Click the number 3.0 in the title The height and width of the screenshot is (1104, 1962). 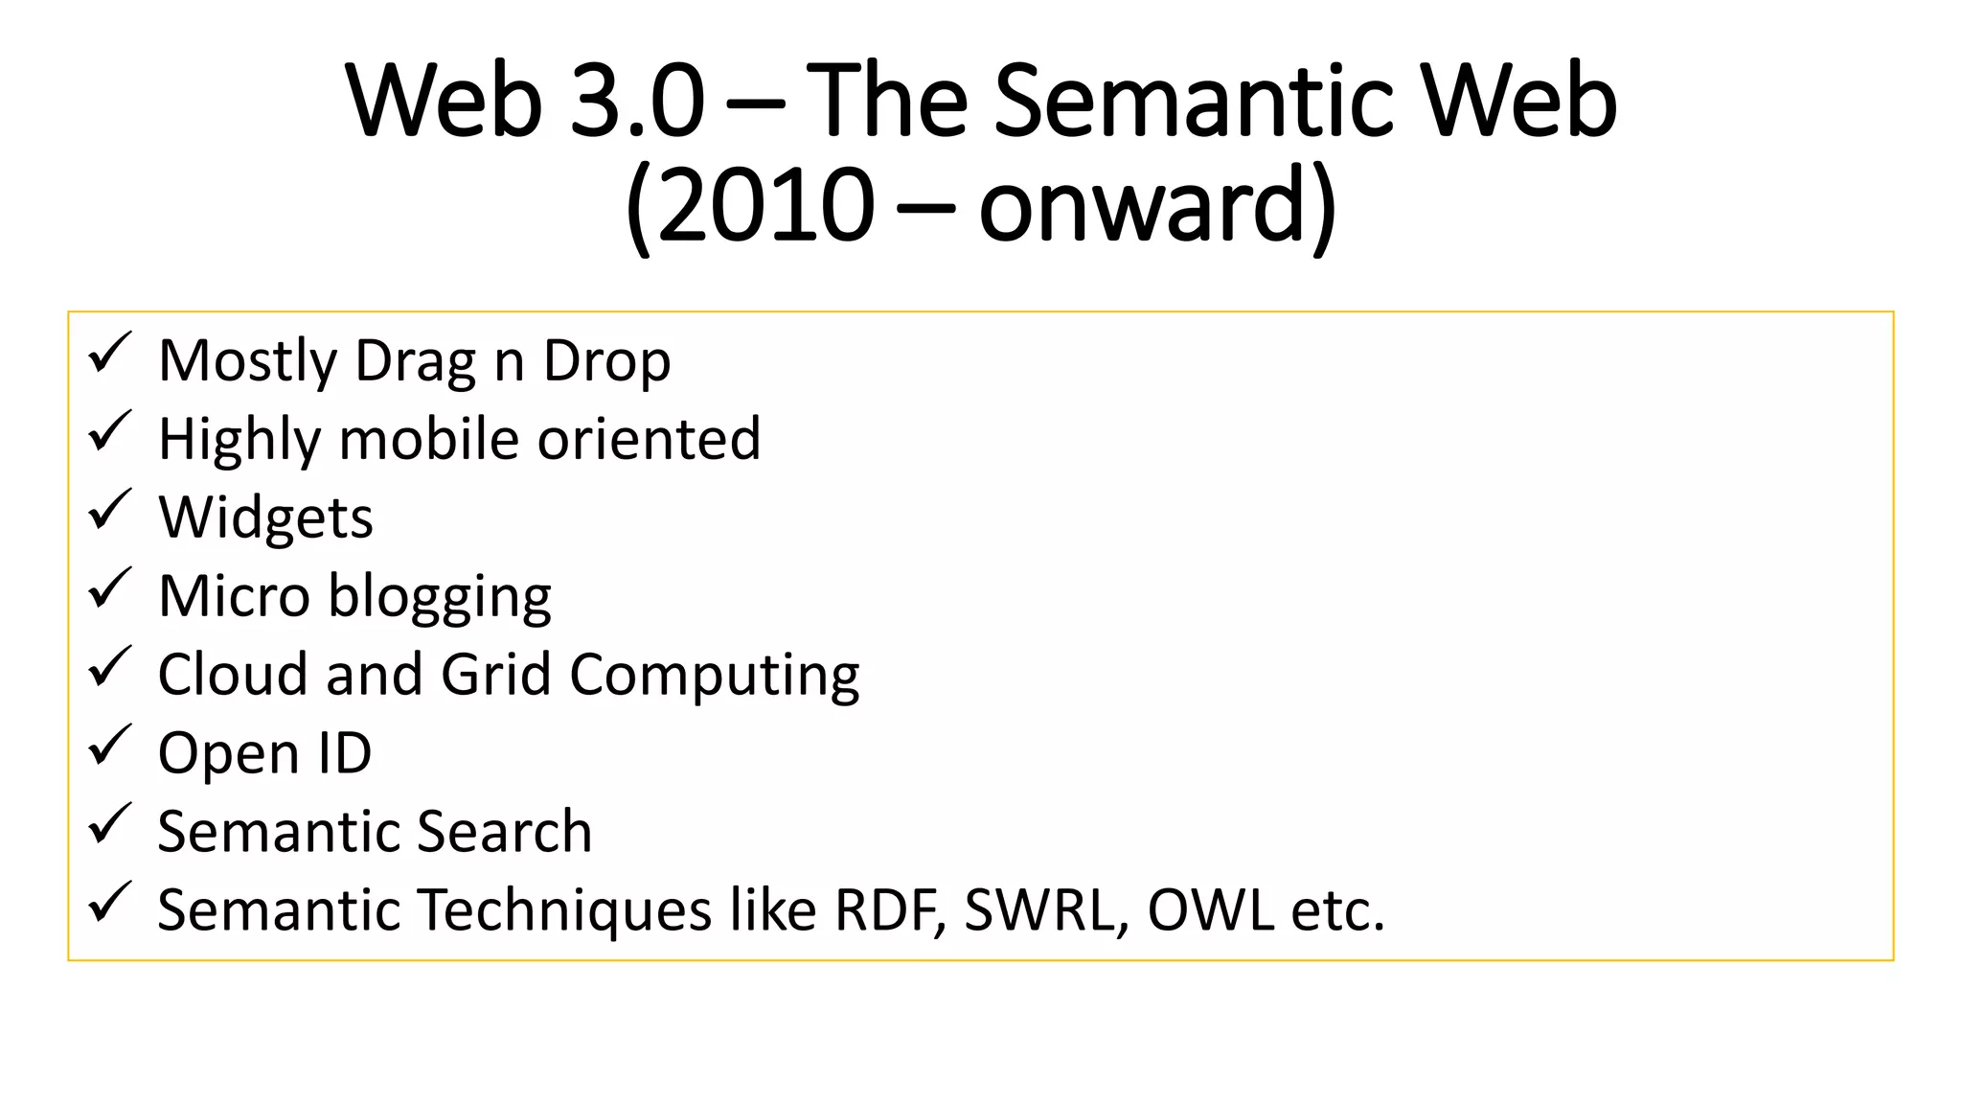click(x=637, y=101)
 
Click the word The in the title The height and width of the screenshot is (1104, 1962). click(x=887, y=101)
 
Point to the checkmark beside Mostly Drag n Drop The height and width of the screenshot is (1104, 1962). click(x=109, y=354)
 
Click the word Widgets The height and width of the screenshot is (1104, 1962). click(x=265, y=518)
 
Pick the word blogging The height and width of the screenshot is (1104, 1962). click(x=440, y=597)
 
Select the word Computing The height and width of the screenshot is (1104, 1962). click(x=714, y=677)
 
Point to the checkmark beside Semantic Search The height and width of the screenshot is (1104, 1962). click(x=109, y=824)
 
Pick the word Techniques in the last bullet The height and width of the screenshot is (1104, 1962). click(x=565, y=910)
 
